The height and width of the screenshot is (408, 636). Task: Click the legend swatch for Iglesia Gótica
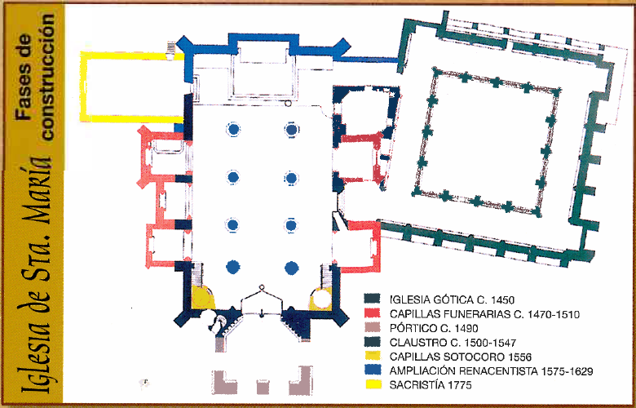pyautogui.click(x=372, y=299)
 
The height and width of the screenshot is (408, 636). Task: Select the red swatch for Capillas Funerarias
pyautogui.click(x=372, y=313)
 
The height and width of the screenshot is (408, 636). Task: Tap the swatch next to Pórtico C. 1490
pyautogui.click(x=372, y=327)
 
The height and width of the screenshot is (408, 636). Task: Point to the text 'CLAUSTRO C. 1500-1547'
pyautogui.click(x=453, y=343)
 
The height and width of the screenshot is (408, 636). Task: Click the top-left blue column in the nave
pyautogui.click(x=233, y=129)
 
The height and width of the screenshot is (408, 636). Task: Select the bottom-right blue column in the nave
pyautogui.click(x=291, y=268)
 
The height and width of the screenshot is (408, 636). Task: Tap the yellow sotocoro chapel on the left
pyautogui.click(x=201, y=297)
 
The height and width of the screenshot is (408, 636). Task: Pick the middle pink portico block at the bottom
pyautogui.click(x=263, y=387)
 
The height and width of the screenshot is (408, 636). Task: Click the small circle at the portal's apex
pyautogui.click(x=262, y=286)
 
